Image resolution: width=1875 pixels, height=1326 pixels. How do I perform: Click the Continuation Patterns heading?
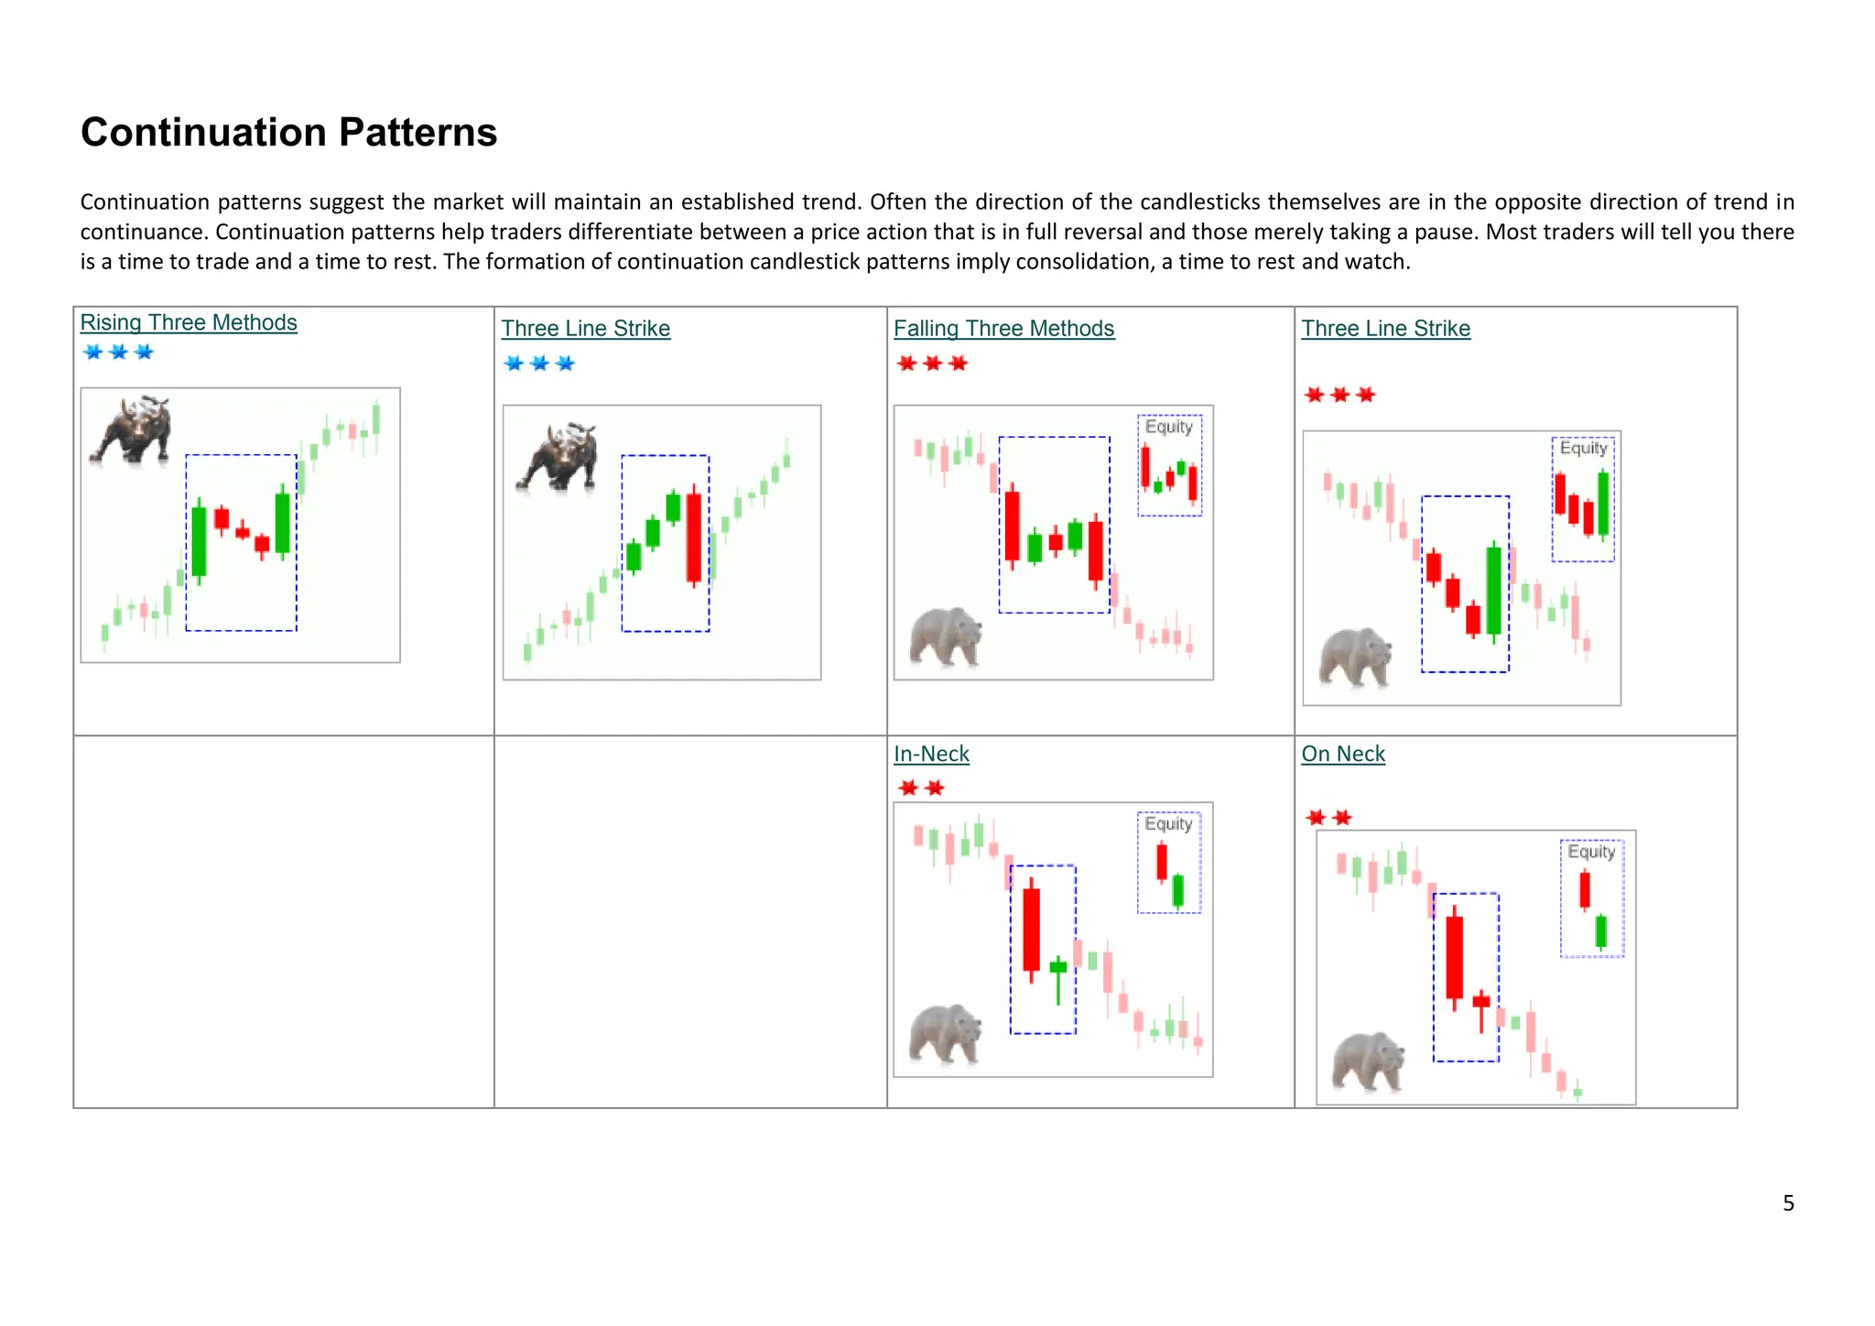point(288,133)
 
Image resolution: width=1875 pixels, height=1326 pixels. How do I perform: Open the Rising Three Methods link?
point(189,322)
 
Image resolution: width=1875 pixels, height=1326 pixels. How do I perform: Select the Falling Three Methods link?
point(1003,328)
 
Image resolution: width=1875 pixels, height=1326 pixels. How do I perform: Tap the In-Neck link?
point(931,754)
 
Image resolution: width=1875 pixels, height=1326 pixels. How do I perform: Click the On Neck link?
point(1343,754)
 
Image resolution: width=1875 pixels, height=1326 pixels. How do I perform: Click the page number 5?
point(1788,1202)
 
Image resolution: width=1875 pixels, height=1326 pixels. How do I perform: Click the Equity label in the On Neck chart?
point(1591,852)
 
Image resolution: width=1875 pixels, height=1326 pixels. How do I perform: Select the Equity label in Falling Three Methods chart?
point(1169,427)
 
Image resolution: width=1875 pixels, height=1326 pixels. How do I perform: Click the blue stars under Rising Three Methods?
point(118,353)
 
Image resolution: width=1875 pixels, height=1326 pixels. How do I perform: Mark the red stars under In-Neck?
point(921,788)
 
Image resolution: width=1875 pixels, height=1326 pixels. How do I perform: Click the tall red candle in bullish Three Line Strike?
point(694,538)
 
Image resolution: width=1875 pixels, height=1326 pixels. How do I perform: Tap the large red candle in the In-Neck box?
point(1032,929)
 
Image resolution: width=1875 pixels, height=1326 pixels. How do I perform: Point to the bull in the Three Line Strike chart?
point(558,456)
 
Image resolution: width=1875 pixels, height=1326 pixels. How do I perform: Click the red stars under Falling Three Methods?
point(932,364)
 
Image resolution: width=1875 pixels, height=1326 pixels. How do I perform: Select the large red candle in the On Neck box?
point(1454,957)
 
